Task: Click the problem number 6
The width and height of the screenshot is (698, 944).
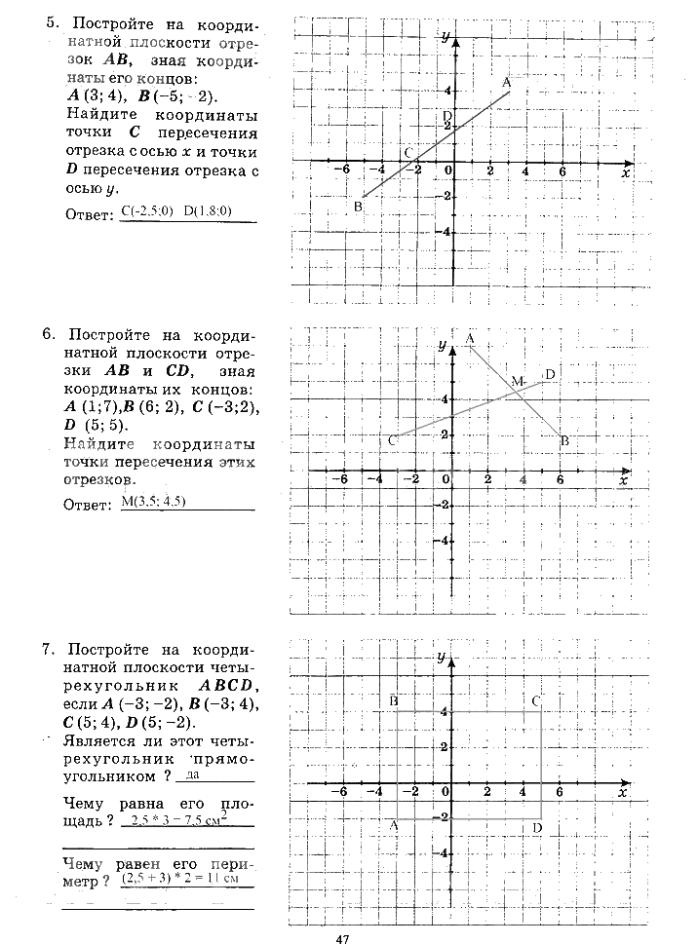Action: click(48, 334)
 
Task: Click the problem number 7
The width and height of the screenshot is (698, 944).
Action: click(48, 649)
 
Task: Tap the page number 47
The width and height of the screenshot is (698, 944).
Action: click(342, 938)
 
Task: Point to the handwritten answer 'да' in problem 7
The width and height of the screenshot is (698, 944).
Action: click(192, 775)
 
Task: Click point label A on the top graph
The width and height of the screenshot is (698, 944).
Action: click(507, 84)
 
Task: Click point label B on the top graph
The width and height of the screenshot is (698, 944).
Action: click(359, 207)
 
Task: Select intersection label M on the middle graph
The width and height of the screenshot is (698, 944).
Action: click(517, 380)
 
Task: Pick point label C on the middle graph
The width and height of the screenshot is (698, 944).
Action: click(392, 441)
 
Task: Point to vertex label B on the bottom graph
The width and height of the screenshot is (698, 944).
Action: click(393, 700)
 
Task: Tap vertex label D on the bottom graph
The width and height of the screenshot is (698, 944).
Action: click(537, 828)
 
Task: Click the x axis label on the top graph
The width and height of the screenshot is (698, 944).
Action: click(624, 171)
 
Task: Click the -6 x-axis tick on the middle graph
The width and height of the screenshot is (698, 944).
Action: click(340, 480)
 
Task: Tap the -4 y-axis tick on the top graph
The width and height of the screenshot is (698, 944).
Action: click(444, 232)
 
